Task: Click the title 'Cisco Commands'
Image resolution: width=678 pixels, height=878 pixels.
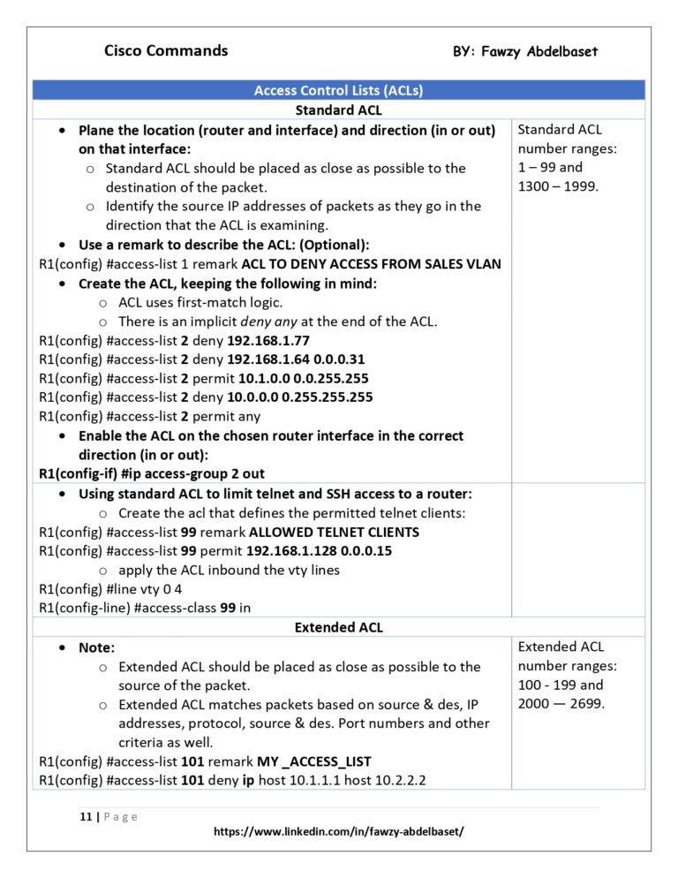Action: coord(166,50)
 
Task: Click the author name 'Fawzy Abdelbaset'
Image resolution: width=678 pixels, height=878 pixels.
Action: coord(539,52)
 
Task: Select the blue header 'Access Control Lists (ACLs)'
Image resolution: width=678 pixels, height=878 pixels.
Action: coord(338,90)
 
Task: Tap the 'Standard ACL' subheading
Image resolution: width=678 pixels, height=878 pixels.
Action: coord(338,110)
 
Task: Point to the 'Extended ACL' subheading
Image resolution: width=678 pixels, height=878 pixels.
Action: coord(338,627)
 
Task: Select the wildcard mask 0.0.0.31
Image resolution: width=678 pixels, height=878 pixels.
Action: coord(335,360)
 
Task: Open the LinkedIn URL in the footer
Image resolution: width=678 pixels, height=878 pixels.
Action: coord(339,832)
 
